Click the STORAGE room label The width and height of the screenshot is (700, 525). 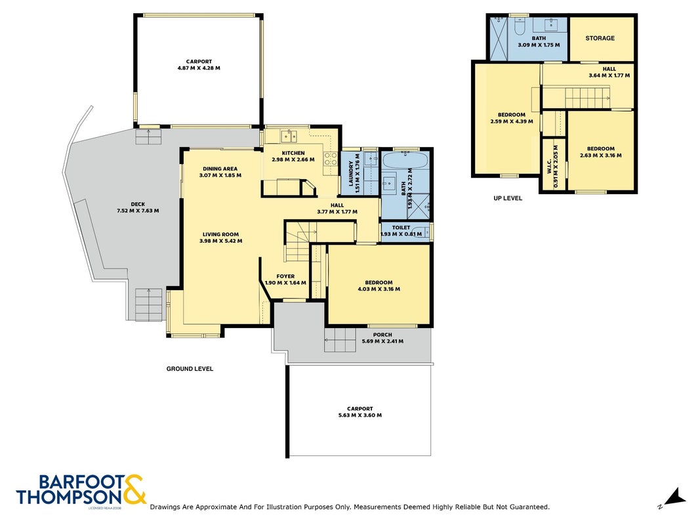[600, 39]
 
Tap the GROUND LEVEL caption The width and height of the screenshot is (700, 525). [190, 369]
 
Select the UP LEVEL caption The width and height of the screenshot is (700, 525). [508, 198]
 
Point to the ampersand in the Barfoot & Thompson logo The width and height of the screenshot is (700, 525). [133, 490]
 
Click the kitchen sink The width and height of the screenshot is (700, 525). [289, 135]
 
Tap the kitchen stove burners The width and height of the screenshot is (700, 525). [331, 158]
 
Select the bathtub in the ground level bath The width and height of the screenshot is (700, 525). [405, 161]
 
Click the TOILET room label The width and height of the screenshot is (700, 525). [401, 228]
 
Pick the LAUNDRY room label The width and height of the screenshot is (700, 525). [352, 174]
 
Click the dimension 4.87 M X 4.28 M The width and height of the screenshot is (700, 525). [199, 68]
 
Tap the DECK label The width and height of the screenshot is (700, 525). [138, 205]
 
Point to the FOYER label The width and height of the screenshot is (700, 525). [285, 276]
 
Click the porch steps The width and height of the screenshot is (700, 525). [340, 340]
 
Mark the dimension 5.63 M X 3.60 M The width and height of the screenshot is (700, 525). [360, 415]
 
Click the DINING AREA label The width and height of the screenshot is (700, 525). [220, 169]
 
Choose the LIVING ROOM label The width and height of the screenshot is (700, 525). [220, 234]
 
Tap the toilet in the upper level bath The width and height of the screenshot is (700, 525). [519, 26]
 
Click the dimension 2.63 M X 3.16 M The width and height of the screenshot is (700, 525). [600, 156]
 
